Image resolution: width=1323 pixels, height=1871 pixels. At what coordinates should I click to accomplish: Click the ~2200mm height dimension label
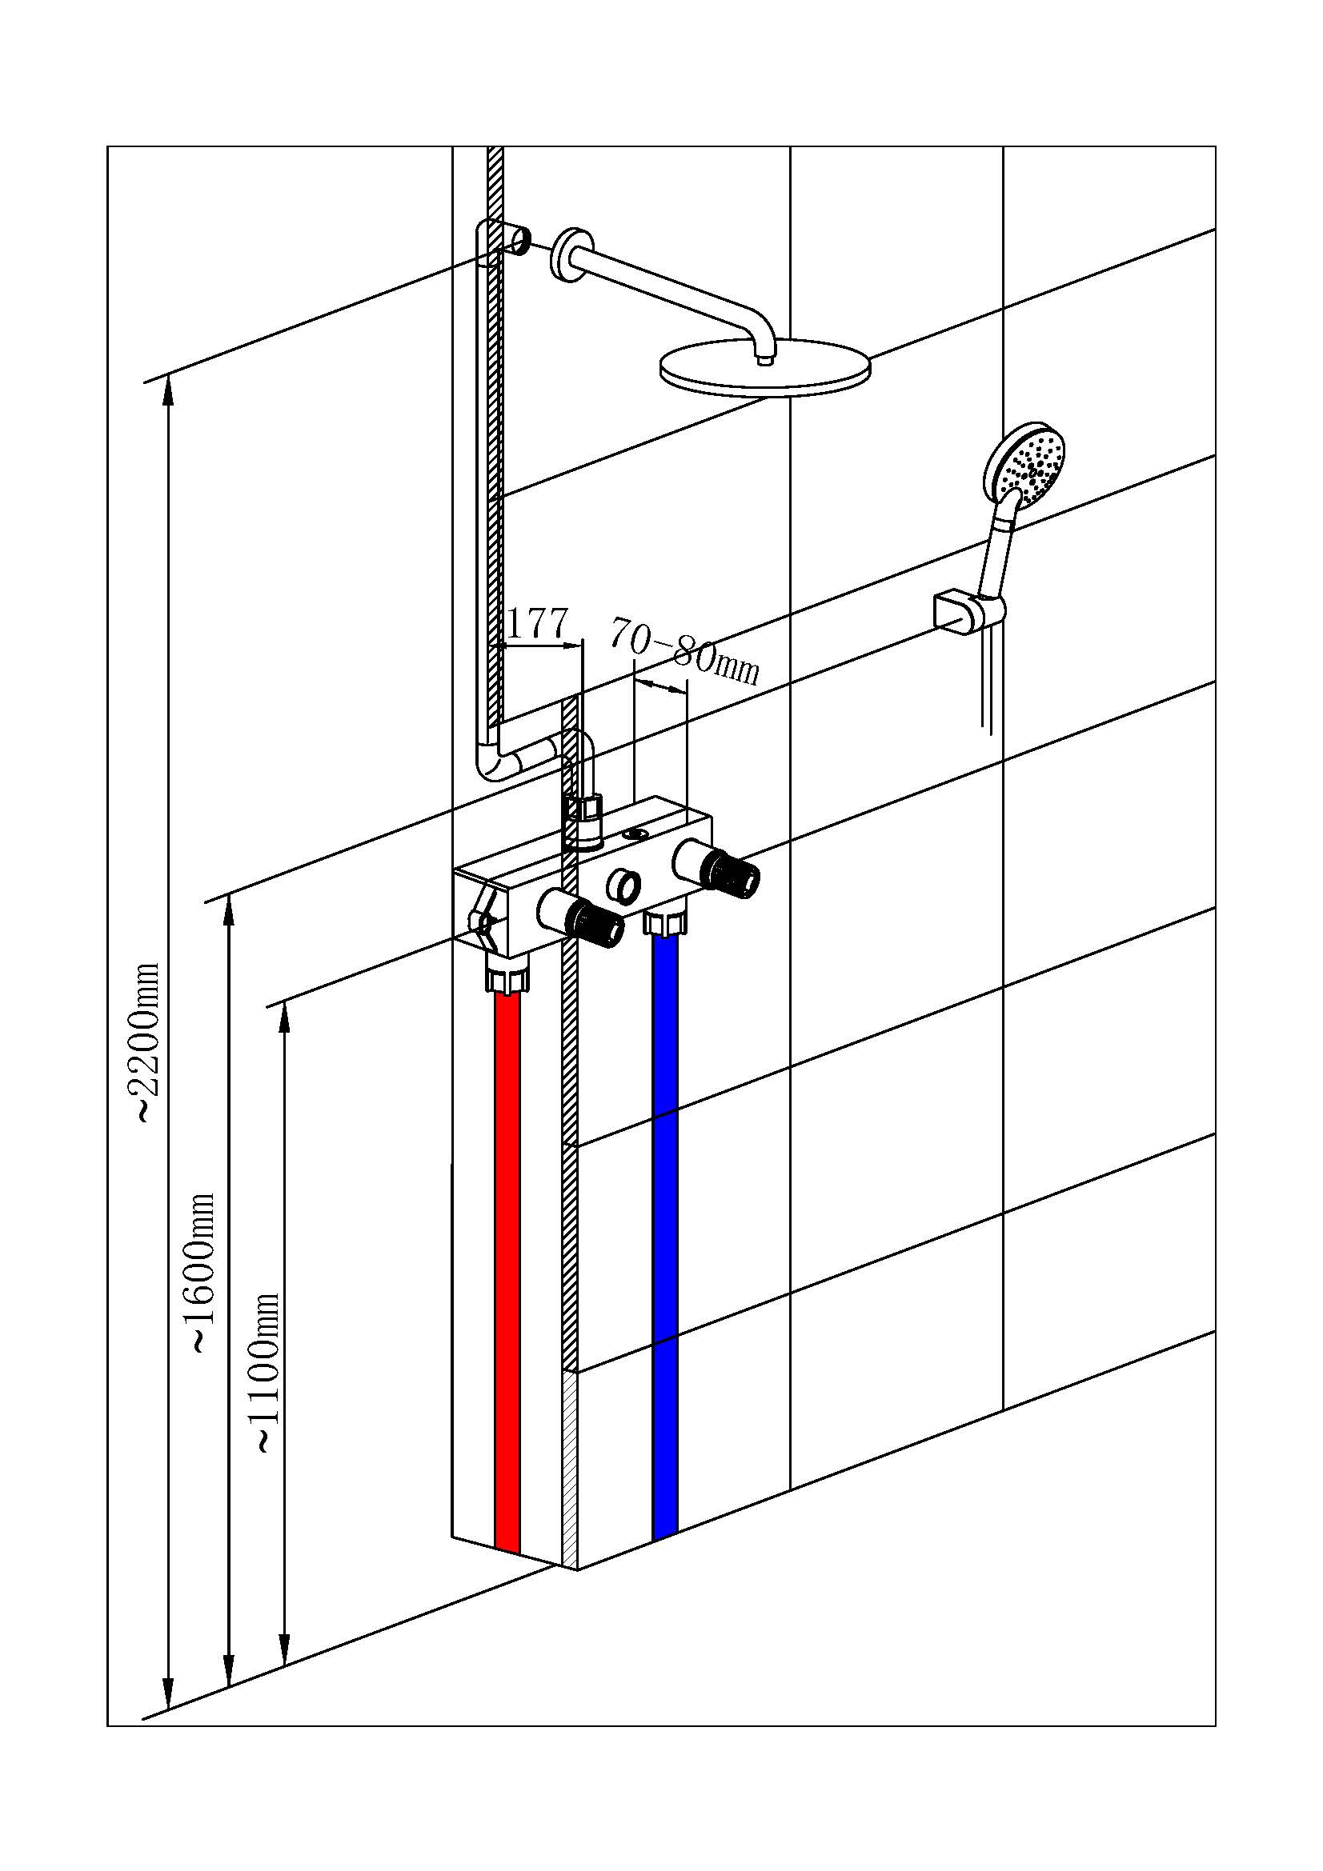click(147, 1042)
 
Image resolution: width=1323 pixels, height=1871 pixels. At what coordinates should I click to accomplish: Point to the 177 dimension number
click(536, 624)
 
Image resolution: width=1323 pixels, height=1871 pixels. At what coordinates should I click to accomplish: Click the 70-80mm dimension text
click(685, 651)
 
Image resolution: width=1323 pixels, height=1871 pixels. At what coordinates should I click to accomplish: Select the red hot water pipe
click(507, 1271)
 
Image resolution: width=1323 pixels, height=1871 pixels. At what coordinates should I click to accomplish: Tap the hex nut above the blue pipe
click(666, 923)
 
